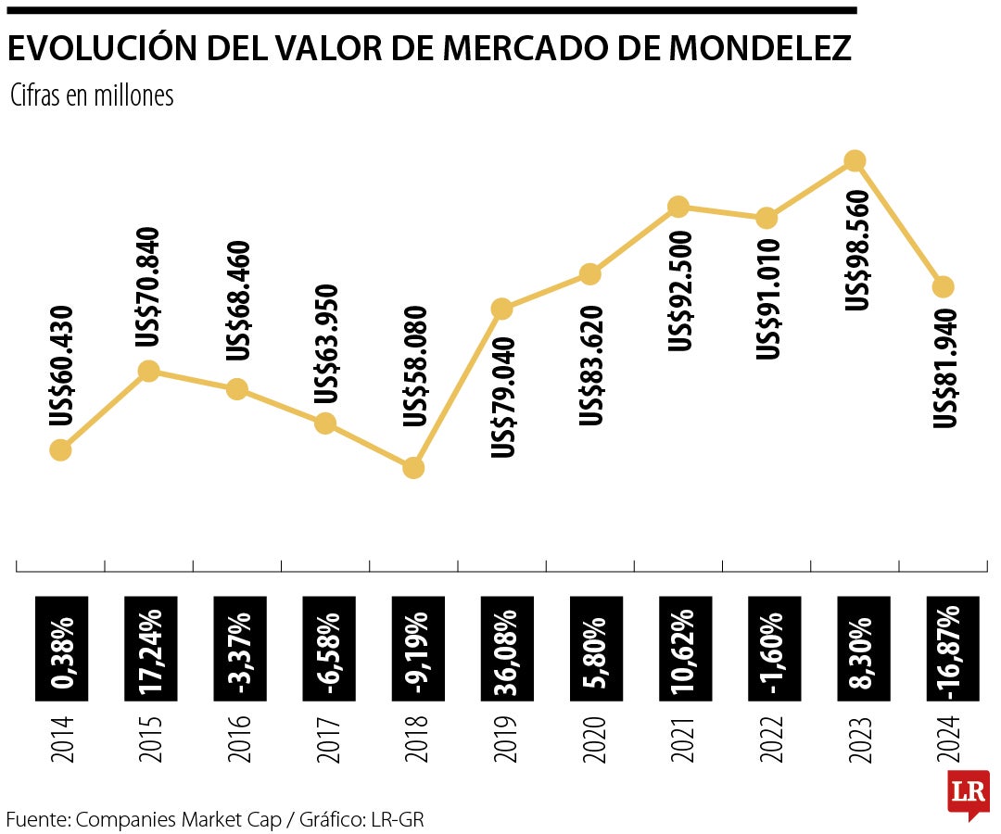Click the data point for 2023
855,160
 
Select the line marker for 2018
413,468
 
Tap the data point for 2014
60,450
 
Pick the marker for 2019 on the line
501,309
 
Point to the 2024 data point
944,286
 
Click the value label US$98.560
858,250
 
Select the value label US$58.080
416,367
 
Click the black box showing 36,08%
503,647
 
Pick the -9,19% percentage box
414,647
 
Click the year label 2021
681,739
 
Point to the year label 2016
238,739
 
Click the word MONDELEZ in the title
759,48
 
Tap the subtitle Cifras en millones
92,95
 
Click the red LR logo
968,792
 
